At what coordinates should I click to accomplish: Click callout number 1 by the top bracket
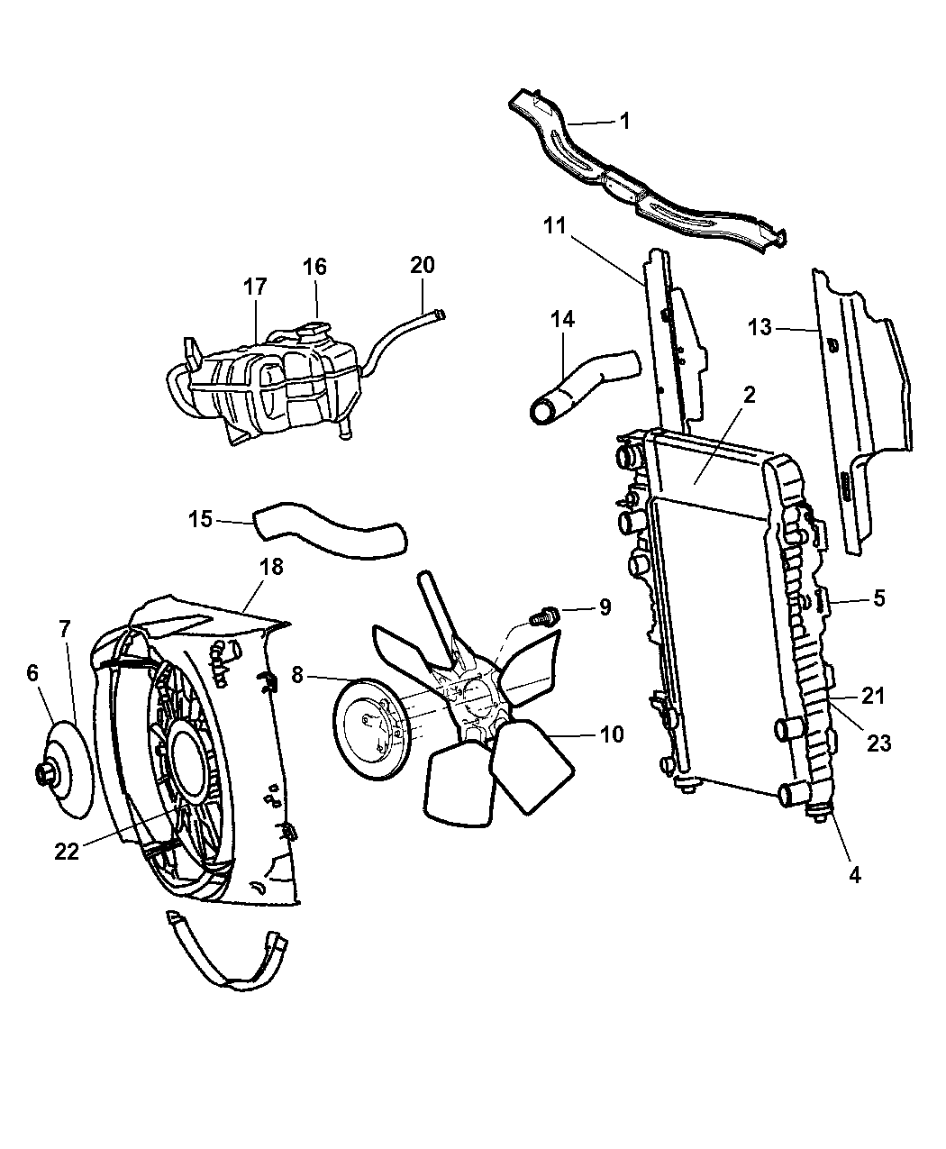[623, 121]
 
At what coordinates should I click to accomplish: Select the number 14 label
[563, 320]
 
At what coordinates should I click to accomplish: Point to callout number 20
[422, 265]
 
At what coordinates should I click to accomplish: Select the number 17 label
[255, 287]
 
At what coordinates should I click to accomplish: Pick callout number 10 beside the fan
[611, 734]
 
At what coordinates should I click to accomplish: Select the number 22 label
[67, 851]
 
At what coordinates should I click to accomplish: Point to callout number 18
[271, 566]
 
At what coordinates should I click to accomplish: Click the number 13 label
[760, 328]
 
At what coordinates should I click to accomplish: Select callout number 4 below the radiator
[854, 873]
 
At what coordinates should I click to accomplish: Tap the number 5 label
[878, 597]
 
